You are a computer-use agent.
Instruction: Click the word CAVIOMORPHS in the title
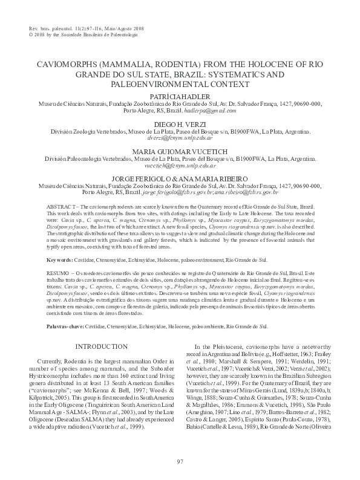pos(63,63)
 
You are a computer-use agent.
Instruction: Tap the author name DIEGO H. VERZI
pos(180,123)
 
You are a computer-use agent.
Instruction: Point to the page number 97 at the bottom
pos(180,462)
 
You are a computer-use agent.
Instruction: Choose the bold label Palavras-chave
pos(67,325)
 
